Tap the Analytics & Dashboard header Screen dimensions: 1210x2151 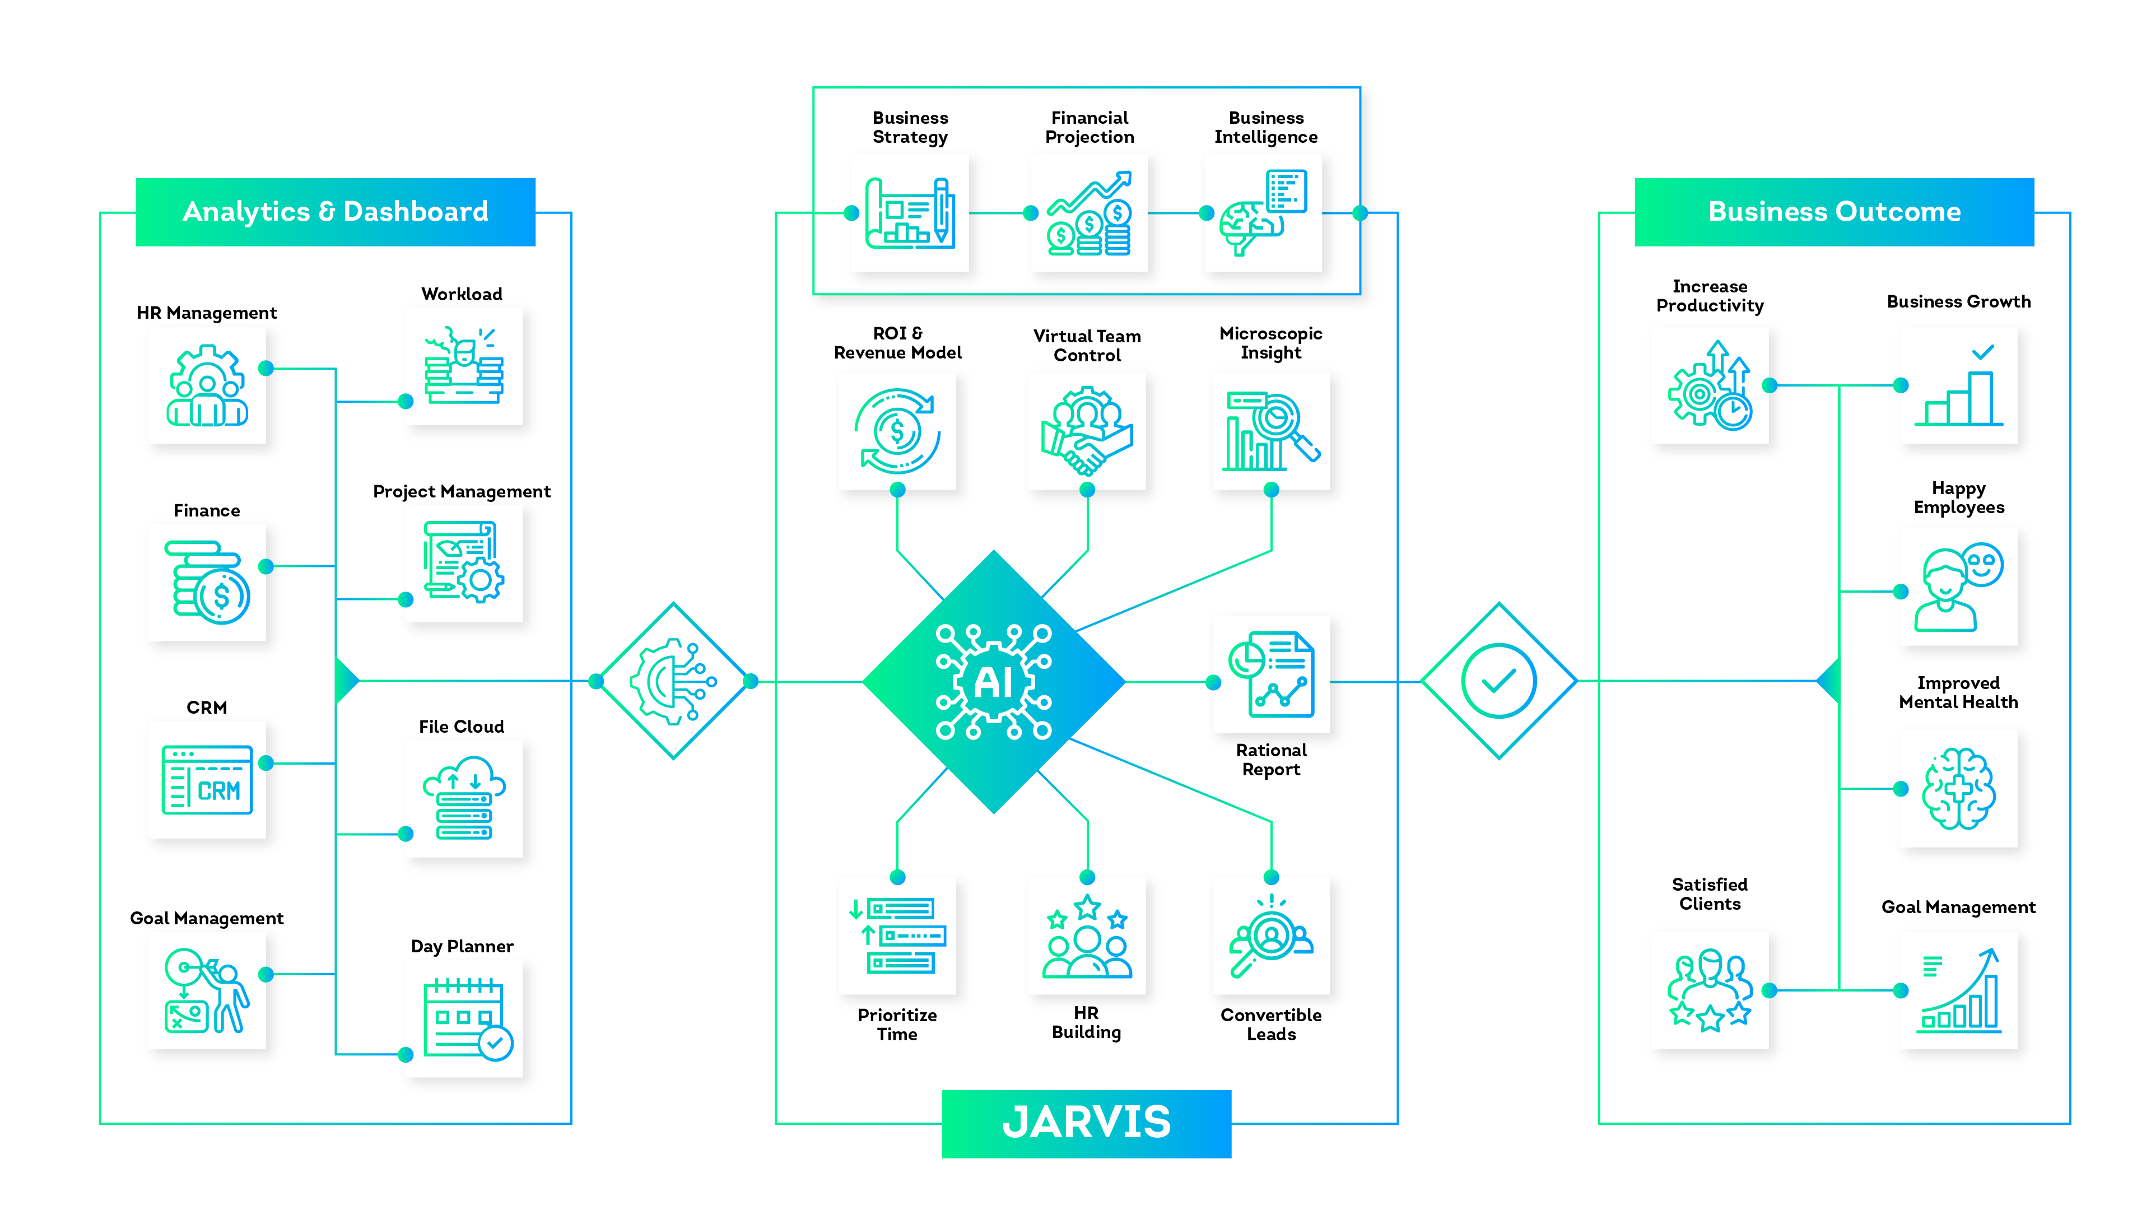(335, 212)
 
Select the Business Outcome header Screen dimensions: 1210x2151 (1834, 212)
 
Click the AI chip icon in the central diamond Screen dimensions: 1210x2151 (994, 681)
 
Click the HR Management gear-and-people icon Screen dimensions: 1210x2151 (207, 386)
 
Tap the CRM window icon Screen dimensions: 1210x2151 (207, 780)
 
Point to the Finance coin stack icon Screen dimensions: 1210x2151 (209, 583)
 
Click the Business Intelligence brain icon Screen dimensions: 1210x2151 (1263, 213)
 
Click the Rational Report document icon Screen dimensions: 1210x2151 (1271, 674)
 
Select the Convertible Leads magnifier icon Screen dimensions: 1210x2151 (1271, 936)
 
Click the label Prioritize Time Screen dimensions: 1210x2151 (897, 1025)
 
